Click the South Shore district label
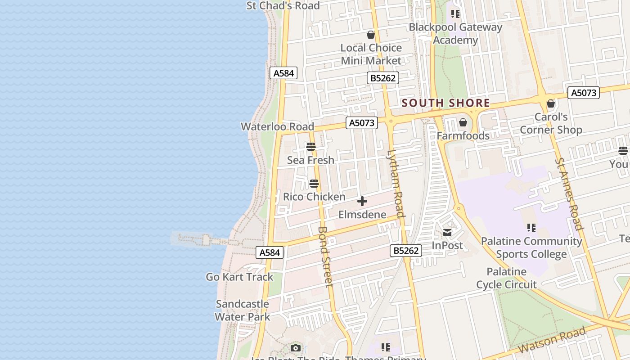(445, 103)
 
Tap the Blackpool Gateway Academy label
(455, 34)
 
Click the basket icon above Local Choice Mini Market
(371, 35)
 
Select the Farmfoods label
(463, 135)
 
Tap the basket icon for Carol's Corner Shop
(550, 104)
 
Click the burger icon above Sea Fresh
(310, 147)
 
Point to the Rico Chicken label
(314, 197)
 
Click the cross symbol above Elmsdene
(362, 201)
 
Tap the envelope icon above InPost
(447, 233)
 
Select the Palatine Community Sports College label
(531, 247)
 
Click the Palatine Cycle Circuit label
(506, 278)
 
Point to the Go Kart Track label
(239, 277)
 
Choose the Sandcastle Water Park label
(242, 310)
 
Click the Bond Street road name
(325, 256)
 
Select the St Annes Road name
(569, 193)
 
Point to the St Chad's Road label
(283, 6)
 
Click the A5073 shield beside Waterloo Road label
(362, 122)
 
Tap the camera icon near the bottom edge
(296, 348)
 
